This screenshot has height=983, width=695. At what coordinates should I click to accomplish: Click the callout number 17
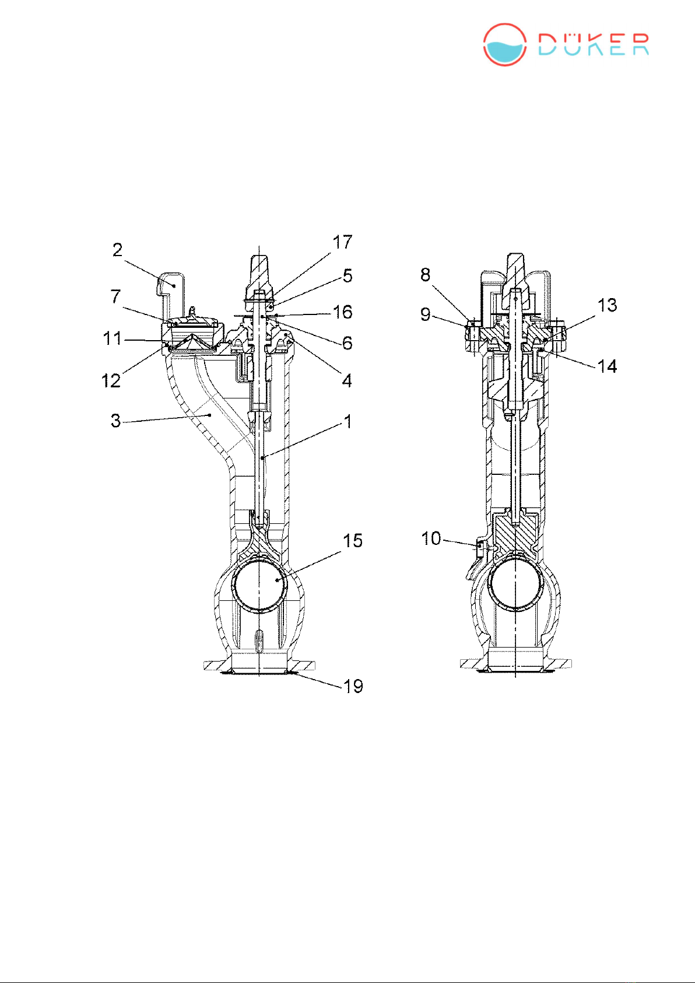[x=342, y=242]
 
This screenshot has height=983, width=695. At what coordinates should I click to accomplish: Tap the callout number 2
[x=117, y=250]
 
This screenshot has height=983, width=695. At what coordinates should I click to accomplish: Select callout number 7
[x=115, y=297]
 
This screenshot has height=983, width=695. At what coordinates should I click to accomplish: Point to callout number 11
[x=112, y=339]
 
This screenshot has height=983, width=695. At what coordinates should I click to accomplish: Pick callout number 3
[x=115, y=421]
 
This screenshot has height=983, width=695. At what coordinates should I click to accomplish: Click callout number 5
[x=347, y=276]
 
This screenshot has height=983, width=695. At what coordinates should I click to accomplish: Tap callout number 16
[x=343, y=312]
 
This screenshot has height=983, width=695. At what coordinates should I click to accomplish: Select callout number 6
[x=347, y=342]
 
